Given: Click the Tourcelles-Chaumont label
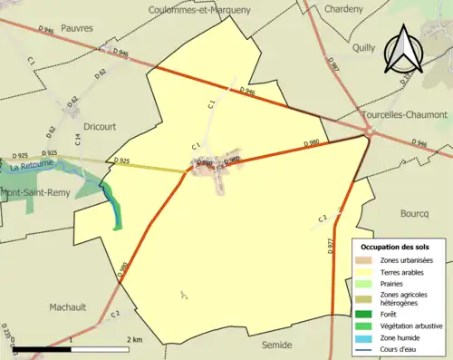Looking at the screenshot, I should (410, 114).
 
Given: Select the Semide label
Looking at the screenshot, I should (276, 345).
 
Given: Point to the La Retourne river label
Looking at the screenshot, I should (28, 167).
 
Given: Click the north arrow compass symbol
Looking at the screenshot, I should (403, 51).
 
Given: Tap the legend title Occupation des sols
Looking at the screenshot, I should (395, 247).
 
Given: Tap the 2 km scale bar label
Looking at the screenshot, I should (135, 339).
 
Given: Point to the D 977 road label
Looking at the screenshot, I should (329, 244).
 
